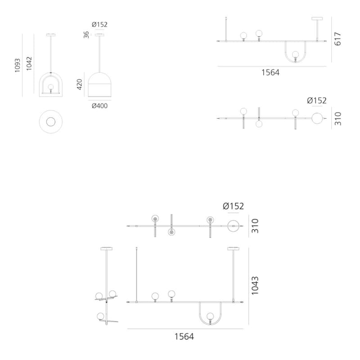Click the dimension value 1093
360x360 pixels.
click(x=18, y=65)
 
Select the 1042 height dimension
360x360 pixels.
click(x=29, y=63)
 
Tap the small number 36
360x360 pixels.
click(x=86, y=35)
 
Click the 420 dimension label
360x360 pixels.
click(x=80, y=84)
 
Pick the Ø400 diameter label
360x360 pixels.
click(x=99, y=106)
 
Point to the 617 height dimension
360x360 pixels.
click(x=338, y=39)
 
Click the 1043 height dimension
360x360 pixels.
click(x=255, y=286)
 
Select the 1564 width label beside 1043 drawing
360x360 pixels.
click(x=184, y=337)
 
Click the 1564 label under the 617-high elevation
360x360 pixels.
click(x=270, y=72)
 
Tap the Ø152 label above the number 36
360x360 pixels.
click(x=99, y=24)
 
